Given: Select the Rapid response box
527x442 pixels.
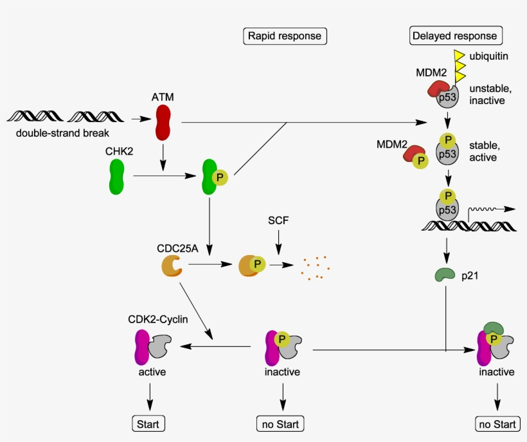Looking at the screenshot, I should coord(285,36).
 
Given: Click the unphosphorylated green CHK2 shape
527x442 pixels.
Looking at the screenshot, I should coord(116,177).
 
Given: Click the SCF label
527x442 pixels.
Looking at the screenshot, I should coord(278,220).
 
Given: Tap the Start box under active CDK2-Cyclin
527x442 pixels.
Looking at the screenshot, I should coord(149,423).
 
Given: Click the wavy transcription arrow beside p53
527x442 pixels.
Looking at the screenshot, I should coord(491,209).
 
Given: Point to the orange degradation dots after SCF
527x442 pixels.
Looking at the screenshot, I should coord(315,269).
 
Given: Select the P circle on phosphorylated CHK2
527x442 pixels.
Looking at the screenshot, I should coord(219,177).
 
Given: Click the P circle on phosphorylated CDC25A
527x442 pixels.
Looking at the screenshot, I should coord(258,264).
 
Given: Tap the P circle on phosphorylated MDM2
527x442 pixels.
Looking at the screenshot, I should coord(421,161).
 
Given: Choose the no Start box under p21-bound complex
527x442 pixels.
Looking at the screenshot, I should coord(497,424).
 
